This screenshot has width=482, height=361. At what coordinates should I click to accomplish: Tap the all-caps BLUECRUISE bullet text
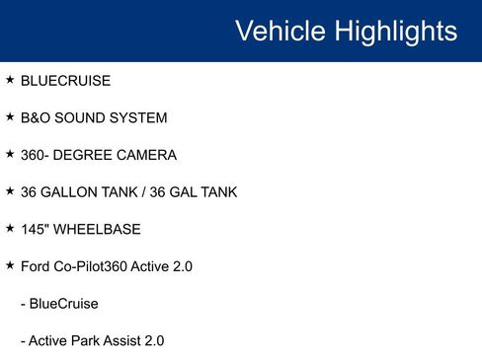65,81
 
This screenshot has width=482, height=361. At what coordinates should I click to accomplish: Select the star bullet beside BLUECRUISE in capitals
10,80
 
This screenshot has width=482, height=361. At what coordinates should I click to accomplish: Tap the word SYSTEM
139,118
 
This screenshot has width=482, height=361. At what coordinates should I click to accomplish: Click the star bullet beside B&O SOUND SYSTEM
10,117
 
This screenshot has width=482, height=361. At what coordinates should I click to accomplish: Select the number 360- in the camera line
36,156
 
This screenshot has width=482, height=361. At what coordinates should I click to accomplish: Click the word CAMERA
147,156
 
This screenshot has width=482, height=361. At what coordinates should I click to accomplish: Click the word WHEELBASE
98,230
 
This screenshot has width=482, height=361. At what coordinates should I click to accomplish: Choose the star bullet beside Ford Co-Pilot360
10,266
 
